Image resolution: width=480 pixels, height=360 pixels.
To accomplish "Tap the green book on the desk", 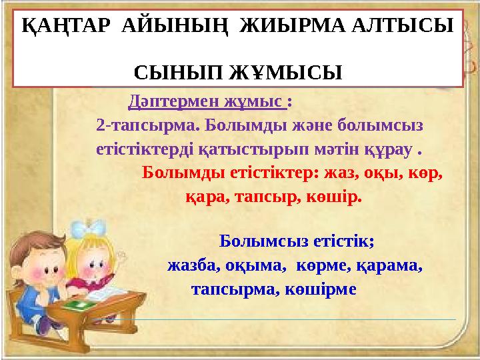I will pos(79,303).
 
